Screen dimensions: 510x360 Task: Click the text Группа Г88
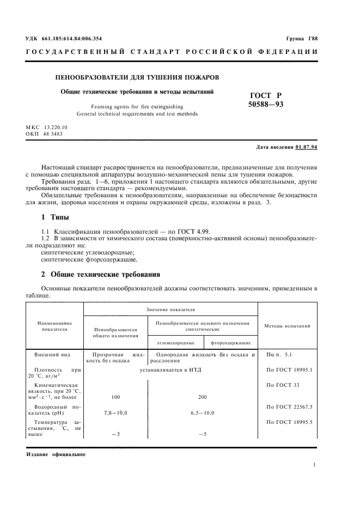click(301, 39)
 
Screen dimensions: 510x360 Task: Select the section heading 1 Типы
click(55, 217)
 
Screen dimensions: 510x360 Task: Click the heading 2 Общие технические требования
click(101, 274)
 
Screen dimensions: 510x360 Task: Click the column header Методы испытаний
click(288, 326)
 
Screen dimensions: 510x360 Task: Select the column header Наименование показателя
click(54, 326)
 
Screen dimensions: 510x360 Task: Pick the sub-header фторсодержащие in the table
click(230, 343)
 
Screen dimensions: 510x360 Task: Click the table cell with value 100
click(115, 397)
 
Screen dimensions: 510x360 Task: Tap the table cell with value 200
click(203, 397)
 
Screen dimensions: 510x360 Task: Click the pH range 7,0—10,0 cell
click(115, 413)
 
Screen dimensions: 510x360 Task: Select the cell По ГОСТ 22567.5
click(288, 407)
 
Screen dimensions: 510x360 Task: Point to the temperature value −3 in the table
click(115, 434)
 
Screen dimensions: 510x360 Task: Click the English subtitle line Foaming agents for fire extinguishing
click(137, 107)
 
